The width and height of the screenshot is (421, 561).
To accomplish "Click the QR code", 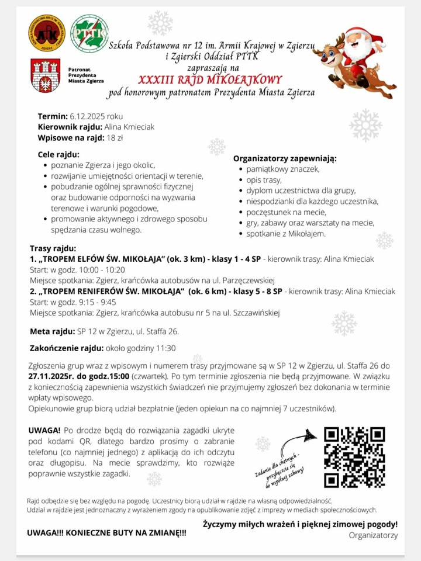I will click(x=354, y=457).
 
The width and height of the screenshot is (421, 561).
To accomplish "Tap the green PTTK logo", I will click(x=89, y=33).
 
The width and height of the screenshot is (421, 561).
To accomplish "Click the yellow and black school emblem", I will click(x=47, y=33).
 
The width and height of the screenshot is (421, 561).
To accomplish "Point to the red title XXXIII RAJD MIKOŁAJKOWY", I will click(x=210, y=80).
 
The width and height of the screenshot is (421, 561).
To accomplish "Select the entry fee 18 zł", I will click(x=115, y=138).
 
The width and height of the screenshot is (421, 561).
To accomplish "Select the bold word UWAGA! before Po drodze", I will click(x=44, y=431).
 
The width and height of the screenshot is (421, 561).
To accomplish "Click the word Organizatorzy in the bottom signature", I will click(x=373, y=535).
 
